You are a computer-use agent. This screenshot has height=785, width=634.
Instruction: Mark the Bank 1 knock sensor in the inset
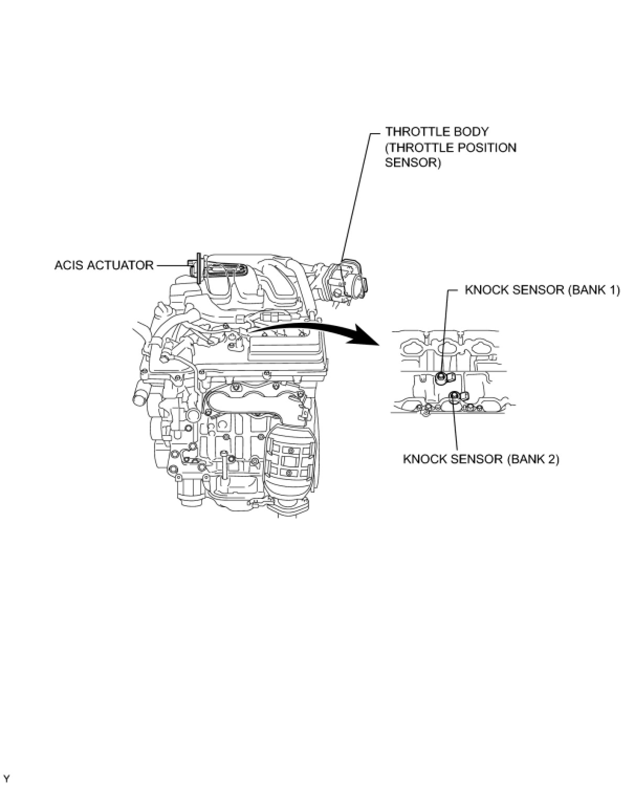coord(442,377)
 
